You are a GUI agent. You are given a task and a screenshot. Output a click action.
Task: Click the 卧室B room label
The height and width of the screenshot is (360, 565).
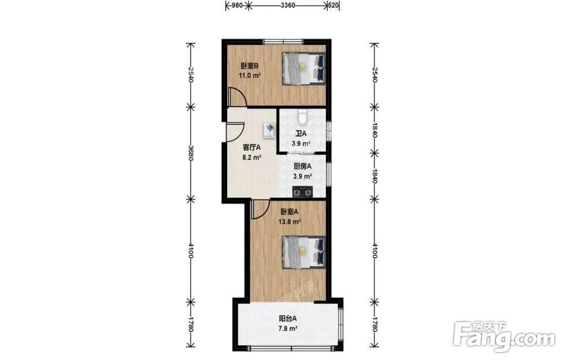[x=250, y=66]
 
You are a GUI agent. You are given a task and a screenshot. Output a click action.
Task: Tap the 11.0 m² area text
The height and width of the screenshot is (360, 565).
[x=249, y=76]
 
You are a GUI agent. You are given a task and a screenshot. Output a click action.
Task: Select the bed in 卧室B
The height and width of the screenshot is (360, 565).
[x=304, y=68]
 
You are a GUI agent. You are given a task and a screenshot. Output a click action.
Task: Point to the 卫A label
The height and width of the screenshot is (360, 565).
[x=301, y=134]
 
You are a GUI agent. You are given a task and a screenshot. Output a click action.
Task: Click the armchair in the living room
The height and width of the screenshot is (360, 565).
[x=269, y=130]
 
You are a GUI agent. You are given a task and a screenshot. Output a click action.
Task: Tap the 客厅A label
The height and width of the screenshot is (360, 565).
[x=251, y=148]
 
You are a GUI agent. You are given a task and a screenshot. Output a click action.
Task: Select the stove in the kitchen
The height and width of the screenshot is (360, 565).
[x=302, y=192]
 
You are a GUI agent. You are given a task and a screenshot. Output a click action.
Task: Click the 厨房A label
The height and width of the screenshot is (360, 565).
[x=302, y=167]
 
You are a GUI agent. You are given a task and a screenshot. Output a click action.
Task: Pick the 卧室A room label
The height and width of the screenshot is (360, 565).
[x=289, y=212]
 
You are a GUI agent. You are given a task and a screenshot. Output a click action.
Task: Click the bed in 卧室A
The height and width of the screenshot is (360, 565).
[x=304, y=252]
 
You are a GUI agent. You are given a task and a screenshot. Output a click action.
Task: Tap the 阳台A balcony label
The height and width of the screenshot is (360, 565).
[x=288, y=319]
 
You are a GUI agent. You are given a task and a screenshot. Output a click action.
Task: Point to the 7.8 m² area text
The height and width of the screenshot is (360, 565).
[x=288, y=329]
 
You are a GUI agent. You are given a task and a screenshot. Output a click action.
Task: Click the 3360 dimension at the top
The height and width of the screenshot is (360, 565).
[x=288, y=6]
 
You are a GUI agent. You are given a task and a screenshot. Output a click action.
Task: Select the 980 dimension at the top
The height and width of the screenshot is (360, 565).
[x=236, y=6]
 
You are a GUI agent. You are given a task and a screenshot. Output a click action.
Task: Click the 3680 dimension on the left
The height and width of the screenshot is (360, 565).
[x=191, y=153]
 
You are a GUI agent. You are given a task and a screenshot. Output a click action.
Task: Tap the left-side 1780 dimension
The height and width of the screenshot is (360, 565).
[x=191, y=325]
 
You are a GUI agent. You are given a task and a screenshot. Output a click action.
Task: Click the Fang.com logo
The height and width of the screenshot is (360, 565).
[x=504, y=336]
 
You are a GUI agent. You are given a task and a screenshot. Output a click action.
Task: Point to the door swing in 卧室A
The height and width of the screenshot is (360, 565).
[x=260, y=210]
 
